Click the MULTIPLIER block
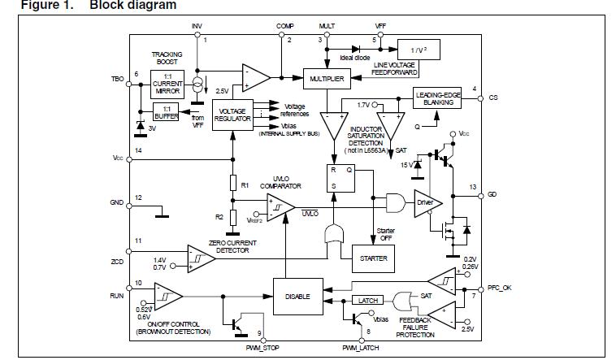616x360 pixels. (x=326, y=79)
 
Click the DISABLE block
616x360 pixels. (x=297, y=296)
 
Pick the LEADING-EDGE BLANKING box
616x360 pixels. (x=439, y=98)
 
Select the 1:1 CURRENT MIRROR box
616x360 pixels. (x=168, y=82)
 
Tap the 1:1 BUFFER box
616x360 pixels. (x=166, y=112)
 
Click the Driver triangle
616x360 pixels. (x=425, y=202)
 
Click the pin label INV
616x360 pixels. (x=197, y=27)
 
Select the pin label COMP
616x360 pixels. (x=285, y=27)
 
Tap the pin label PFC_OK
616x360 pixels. (x=498, y=288)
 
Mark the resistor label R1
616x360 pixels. (x=245, y=184)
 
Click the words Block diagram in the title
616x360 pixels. (x=132, y=6)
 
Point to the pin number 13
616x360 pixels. (x=473, y=187)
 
